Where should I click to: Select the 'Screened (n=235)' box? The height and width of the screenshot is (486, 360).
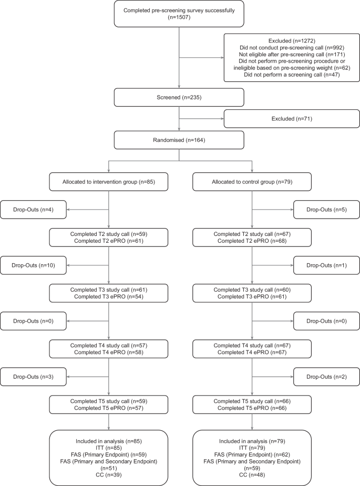pos(179,97)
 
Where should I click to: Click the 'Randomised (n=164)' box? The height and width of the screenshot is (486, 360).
pos(179,139)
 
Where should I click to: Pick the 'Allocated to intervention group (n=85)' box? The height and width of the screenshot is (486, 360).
pos(108,181)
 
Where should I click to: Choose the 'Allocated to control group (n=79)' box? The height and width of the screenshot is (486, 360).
pos(252,181)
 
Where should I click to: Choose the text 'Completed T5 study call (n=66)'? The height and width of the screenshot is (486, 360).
pos(252,401)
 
